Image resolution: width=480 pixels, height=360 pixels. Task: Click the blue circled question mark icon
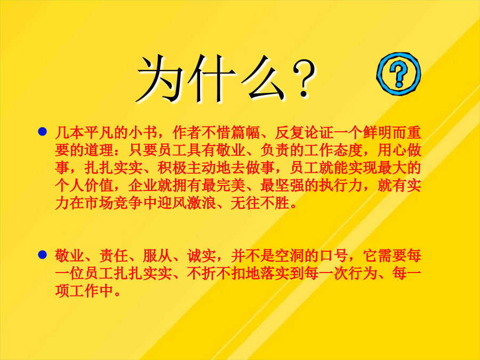coord(398,74)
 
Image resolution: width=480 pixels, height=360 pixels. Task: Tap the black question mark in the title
coord(303,78)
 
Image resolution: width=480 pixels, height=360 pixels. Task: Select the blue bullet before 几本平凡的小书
coord(42,132)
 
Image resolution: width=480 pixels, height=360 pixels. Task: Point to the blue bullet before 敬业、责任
coord(42,255)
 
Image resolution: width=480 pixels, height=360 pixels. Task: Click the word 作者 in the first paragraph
coord(187,133)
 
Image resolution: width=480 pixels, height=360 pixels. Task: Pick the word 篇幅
coord(246,133)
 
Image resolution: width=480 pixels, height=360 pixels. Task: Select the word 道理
coord(99,150)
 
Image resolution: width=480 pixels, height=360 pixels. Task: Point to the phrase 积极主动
coord(187,168)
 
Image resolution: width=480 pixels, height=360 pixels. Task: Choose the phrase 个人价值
coord(84,186)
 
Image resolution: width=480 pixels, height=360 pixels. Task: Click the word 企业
coord(143,186)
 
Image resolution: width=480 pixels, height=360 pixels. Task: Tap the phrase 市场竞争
coord(114,203)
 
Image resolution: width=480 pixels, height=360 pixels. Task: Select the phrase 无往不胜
coord(260,203)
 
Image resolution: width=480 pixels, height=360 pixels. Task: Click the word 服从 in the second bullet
coord(158,256)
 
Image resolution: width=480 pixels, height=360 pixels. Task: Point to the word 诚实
coord(202,256)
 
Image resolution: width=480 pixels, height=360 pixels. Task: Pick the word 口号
coord(334,256)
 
